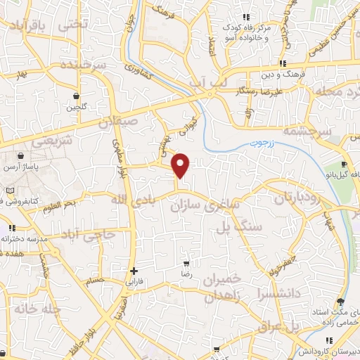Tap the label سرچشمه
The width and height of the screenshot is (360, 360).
(306, 131)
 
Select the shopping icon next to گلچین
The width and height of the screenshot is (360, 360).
(76, 96)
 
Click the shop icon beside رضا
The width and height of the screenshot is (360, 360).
(186, 258)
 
